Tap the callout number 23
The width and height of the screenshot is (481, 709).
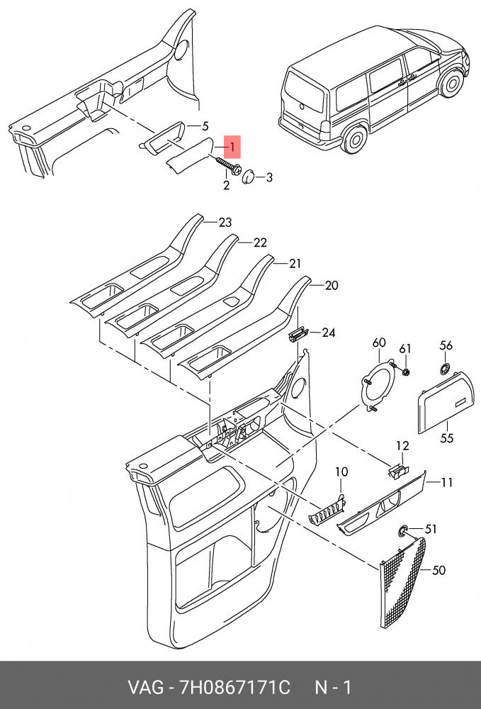(x=225, y=223)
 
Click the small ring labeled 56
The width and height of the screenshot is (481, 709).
(x=445, y=367)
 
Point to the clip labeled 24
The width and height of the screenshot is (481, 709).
(x=298, y=333)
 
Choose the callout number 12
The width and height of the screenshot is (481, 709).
(x=402, y=446)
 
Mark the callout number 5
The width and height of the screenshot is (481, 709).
(x=205, y=127)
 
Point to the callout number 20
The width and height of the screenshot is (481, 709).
(x=332, y=286)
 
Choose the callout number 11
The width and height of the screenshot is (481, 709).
(x=446, y=483)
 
